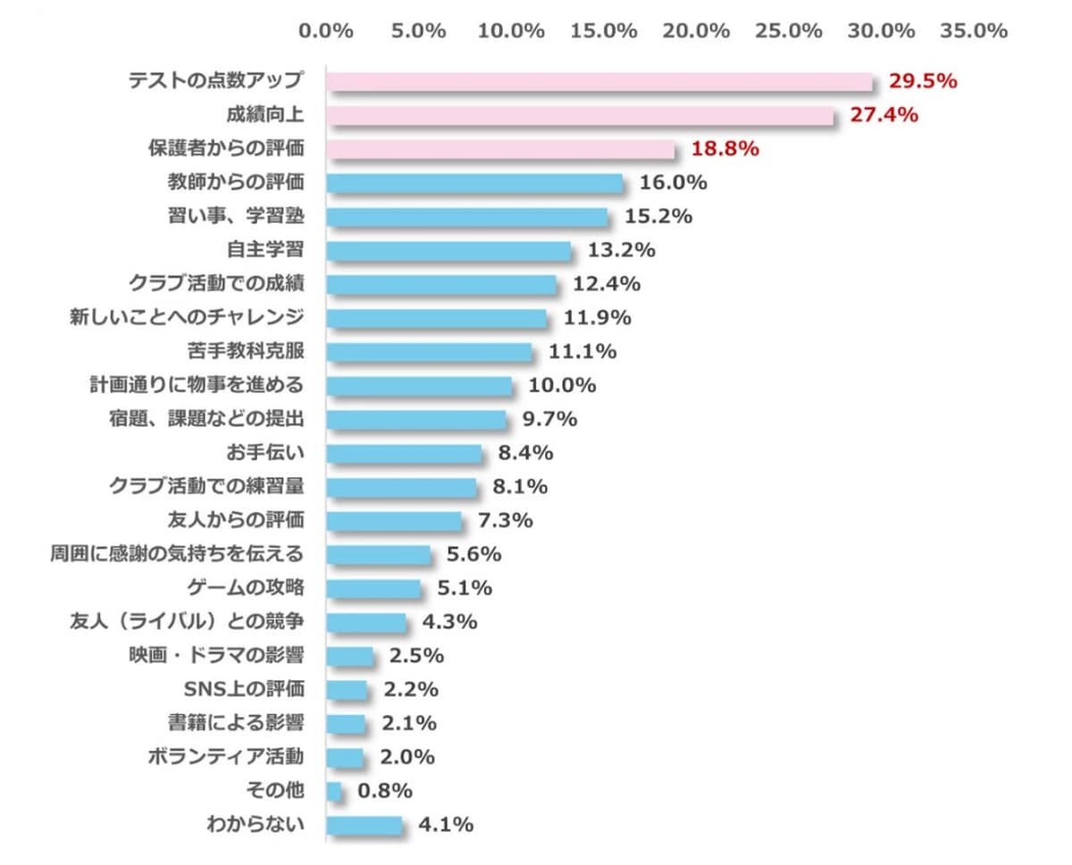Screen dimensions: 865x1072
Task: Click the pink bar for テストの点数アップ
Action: pyautogui.click(x=599, y=82)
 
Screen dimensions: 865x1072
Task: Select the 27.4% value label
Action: pyautogui.click(x=884, y=115)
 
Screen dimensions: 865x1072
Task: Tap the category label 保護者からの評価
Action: pyautogui.click(x=225, y=149)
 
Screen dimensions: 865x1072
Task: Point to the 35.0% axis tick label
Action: pyautogui.click(x=974, y=30)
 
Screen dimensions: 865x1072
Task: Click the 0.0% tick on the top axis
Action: pyautogui.click(x=326, y=30)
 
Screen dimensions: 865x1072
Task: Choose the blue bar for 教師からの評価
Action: pyautogui.click(x=474, y=183)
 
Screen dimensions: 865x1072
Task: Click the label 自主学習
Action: pyautogui.click(x=265, y=250)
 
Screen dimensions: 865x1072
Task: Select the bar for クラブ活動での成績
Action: pyautogui.click(x=441, y=284)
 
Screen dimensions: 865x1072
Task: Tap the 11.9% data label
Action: pyautogui.click(x=597, y=317)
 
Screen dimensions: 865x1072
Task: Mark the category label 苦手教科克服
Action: pyautogui.click(x=245, y=351)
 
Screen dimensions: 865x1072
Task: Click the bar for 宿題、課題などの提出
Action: pyautogui.click(x=416, y=419)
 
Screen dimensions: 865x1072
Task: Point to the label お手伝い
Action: pyautogui.click(x=265, y=453)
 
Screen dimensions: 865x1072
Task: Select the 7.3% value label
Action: pyautogui.click(x=505, y=520)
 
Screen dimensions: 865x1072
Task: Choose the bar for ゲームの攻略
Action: pyautogui.click(x=373, y=588)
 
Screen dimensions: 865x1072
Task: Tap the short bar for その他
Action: pyautogui.click(x=334, y=791)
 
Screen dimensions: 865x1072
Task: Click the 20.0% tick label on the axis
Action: pyautogui.click(x=696, y=30)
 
